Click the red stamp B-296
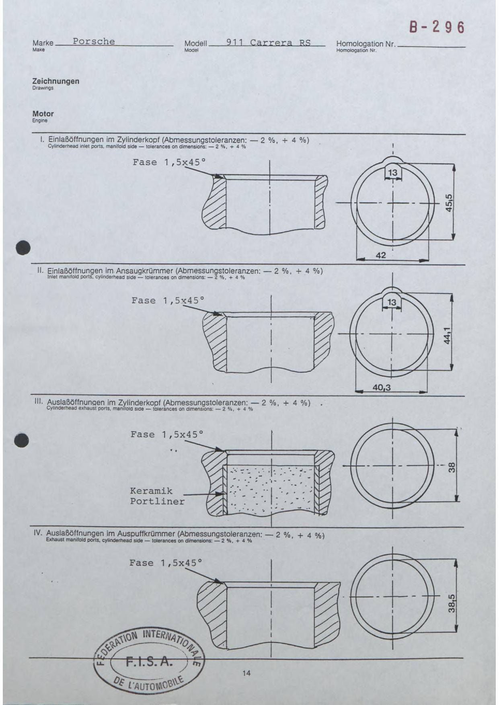[437, 27]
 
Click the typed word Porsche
[94, 41]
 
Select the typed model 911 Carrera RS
[268, 43]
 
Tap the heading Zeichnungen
[56, 81]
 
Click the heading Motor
[43, 114]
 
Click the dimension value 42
[380, 255]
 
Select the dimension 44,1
[448, 334]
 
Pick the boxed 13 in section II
[392, 302]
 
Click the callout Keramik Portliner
[157, 496]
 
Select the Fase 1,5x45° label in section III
[167, 434]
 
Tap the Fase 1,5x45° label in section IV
[166, 563]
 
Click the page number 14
[246, 673]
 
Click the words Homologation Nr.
[366, 44]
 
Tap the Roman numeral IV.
[38, 533]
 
